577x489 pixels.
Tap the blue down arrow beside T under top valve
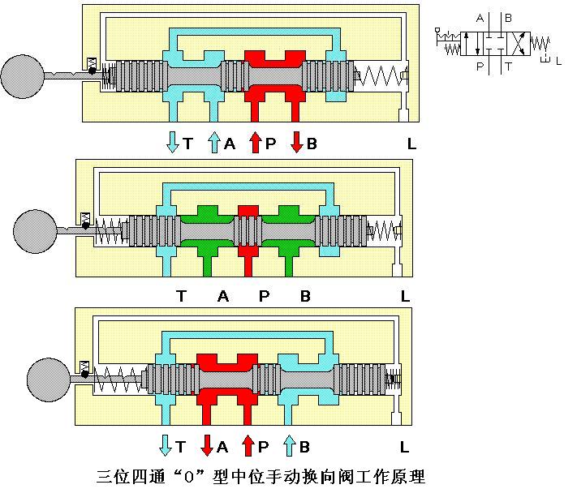tap(172, 143)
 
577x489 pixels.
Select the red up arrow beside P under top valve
tap(255, 143)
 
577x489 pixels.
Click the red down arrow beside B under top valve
tap(296, 143)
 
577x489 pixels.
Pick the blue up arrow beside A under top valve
tap(214, 143)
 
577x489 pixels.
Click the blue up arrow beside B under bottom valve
tap(289, 445)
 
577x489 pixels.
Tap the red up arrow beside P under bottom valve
tap(247, 445)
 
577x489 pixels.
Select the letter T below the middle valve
tap(181, 297)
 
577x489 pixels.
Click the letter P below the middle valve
tap(264, 297)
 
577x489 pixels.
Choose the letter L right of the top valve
tap(412, 144)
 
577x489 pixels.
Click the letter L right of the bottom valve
tap(404, 447)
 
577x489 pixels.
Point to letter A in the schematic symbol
tap(480, 18)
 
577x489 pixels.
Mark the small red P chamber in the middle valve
tap(248, 211)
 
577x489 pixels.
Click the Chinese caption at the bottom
tap(261, 474)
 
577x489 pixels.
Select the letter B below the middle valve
tap(305, 297)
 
